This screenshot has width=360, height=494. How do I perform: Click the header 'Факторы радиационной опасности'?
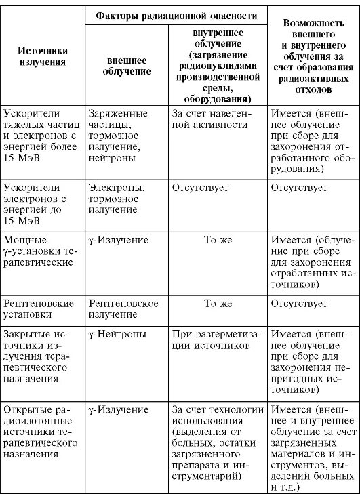[176, 15]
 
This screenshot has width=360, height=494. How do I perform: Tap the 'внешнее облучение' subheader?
[127, 65]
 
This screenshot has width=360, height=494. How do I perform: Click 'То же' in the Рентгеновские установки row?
[218, 304]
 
